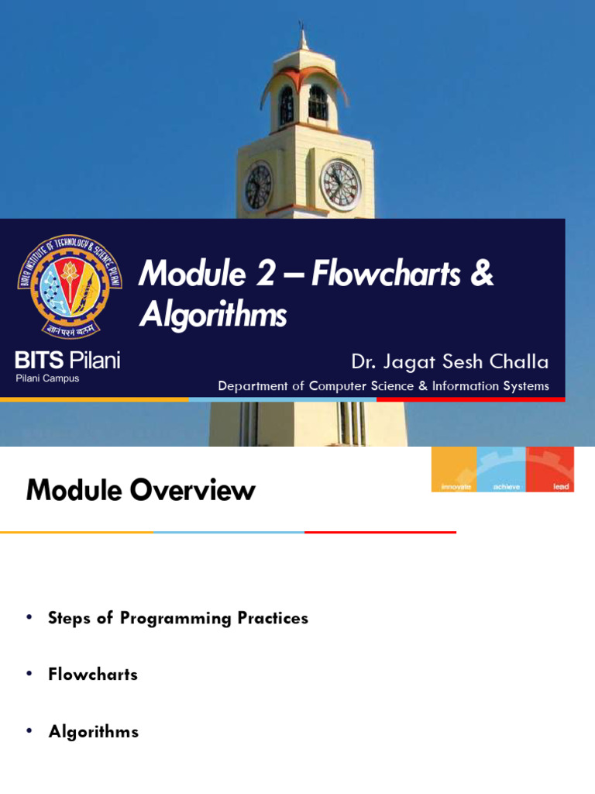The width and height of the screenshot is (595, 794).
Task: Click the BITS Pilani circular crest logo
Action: (x=70, y=286)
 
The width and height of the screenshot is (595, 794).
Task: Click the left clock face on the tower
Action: (x=258, y=186)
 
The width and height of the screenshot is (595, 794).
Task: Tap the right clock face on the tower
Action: (x=340, y=185)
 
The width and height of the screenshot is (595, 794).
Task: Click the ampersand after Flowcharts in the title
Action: (x=481, y=274)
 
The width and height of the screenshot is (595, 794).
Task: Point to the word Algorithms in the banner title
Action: (x=213, y=315)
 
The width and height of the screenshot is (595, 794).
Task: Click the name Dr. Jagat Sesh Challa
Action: (x=449, y=361)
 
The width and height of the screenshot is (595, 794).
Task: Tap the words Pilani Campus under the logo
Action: (x=47, y=378)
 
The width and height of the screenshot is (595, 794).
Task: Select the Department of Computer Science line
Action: (x=383, y=386)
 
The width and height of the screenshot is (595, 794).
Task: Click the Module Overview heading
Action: (x=140, y=490)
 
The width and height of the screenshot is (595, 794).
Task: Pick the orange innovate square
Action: (x=454, y=469)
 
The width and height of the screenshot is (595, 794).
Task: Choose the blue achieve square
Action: (x=501, y=469)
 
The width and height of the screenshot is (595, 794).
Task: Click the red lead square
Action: (x=550, y=469)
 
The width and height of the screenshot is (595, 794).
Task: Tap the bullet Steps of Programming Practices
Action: (x=178, y=618)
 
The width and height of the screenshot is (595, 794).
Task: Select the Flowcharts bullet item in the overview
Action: (x=93, y=675)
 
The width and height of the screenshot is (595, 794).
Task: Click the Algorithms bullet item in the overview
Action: (x=94, y=731)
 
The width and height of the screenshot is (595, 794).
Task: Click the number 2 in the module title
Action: (x=266, y=274)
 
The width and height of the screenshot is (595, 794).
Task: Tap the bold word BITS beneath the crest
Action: (x=40, y=361)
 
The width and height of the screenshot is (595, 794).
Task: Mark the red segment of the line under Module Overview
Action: (x=380, y=532)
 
